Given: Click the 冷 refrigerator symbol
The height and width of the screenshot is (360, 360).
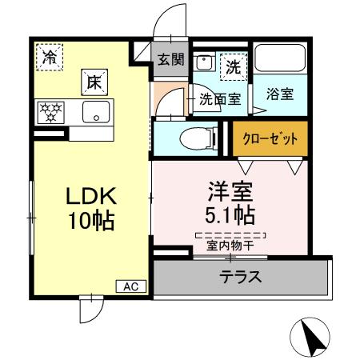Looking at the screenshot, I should coord(50,57).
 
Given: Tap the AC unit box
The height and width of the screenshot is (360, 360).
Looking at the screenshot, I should coord(131,286).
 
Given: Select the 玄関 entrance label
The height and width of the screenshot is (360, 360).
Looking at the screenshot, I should coord(170,58).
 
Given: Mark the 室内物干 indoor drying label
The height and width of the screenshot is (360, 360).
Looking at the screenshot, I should coord(230,246).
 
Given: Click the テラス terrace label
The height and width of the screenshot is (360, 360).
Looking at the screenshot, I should coord(241,278).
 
